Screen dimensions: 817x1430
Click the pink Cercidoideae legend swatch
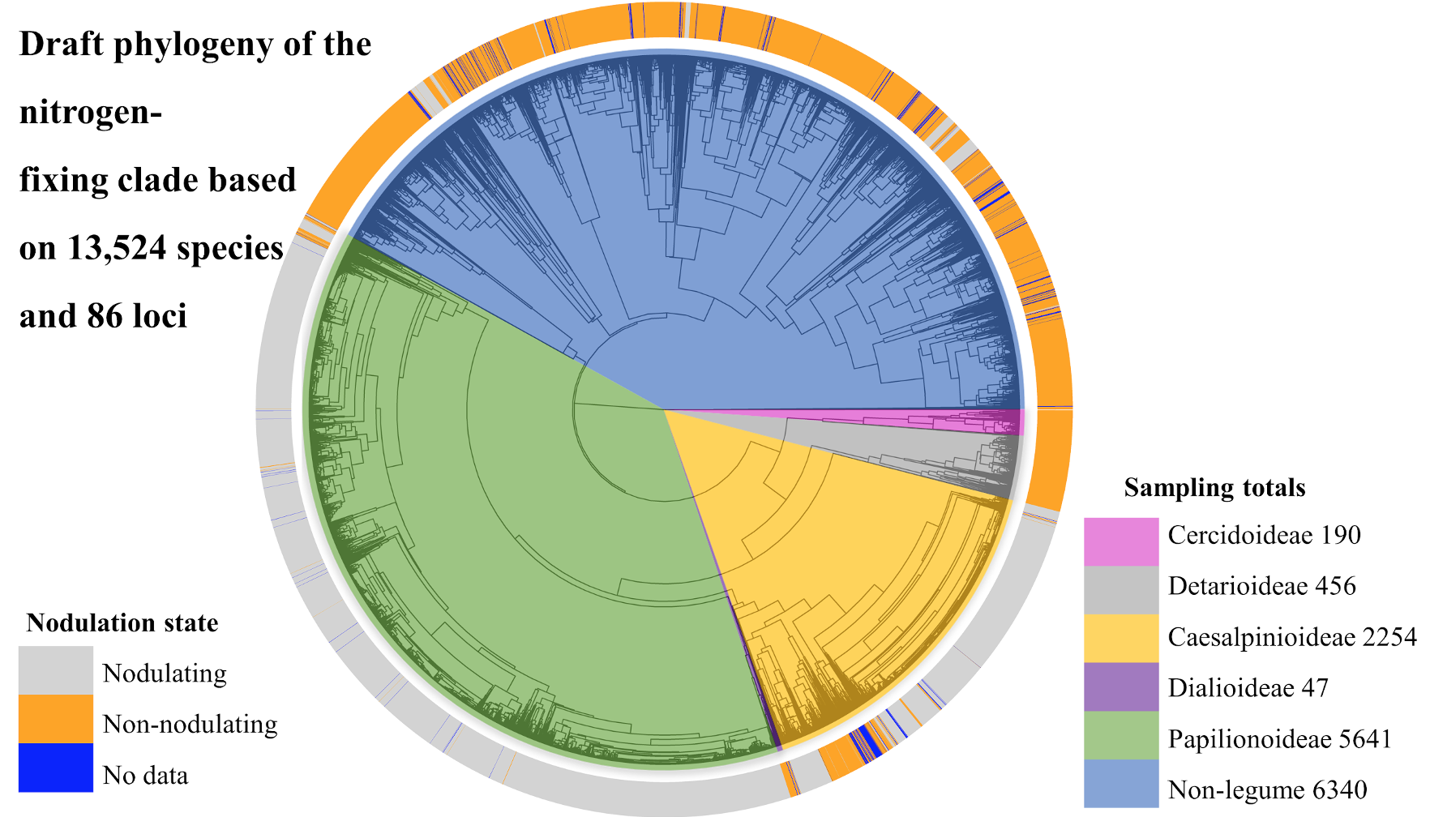pos(1121,541)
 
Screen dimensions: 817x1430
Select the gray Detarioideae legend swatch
pos(1121,589)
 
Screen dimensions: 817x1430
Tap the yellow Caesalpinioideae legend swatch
pos(1121,638)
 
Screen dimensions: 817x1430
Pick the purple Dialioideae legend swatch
pos(1121,687)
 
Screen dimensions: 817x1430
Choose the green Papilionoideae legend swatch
pos(1121,735)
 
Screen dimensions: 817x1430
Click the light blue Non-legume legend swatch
pos(1121,783)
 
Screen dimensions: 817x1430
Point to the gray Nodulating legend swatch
pos(55,670)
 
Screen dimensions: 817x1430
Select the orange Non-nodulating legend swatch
pos(55,719)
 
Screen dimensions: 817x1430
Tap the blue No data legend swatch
pos(55,768)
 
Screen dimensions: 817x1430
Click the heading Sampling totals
pos(1214,488)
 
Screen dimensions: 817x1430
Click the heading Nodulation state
pos(122,622)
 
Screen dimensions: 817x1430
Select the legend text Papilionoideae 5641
pos(1279,739)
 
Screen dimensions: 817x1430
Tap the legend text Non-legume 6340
pos(1267,789)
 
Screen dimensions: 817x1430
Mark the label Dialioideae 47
pos(1248,688)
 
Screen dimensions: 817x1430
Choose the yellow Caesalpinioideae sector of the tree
pos(827,567)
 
